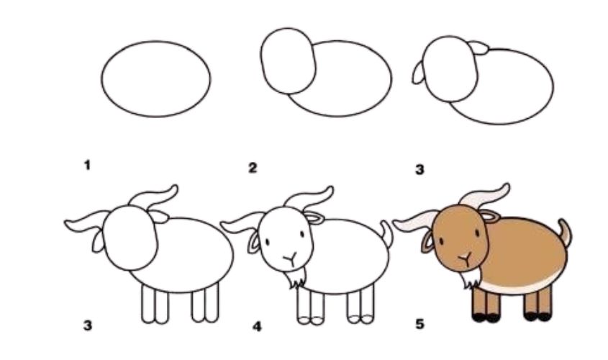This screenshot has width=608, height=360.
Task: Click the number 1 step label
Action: point(87,166)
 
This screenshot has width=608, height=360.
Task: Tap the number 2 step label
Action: point(253,168)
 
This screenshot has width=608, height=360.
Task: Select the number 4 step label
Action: point(257,327)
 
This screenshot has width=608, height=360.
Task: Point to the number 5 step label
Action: point(420,324)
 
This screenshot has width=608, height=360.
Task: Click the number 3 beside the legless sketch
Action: point(420,169)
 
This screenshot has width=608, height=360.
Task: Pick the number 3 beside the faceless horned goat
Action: point(88,325)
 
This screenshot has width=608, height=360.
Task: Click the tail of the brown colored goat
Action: point(566,232)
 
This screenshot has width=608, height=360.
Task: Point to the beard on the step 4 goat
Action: point(296,277)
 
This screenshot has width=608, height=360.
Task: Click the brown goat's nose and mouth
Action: point(465,258)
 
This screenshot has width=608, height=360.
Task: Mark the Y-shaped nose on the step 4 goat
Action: point(290,258)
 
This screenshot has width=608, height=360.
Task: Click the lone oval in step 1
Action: point(156,78)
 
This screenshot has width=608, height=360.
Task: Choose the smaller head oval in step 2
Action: point(288,61)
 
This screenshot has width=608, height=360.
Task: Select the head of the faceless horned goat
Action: point(130,238)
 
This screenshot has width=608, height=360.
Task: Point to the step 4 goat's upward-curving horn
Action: point(309,198)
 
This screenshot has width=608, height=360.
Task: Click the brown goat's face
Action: point(460,238)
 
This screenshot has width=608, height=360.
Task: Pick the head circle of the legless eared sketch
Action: point(450,68)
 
